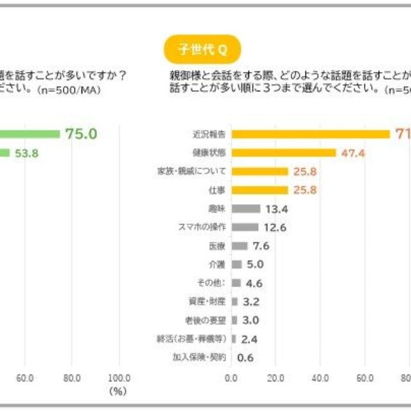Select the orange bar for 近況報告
click(x=310, y=134)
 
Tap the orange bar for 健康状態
click(x=283, y=153)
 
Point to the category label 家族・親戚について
click(x=191, y=171)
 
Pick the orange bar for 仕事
click(x=259, y=190)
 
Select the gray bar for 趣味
click(x=245, y=209)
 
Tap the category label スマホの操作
click(x=201, y=227)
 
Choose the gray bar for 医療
click(x=239, y=246)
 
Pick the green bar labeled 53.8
click(x=4, y=153)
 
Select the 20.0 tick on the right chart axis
click(x=275, y=378)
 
